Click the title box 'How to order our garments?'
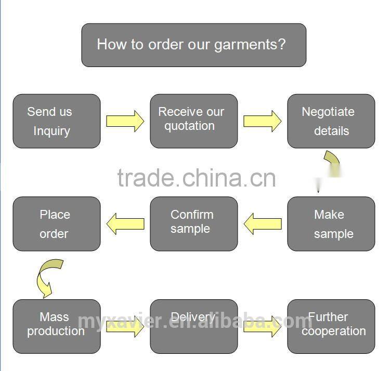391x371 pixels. [193, 45]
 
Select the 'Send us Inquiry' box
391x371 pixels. [56, 121]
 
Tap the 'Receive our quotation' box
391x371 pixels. [193, 121]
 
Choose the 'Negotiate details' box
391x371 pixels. [331, 121]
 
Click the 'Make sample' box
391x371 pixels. [331, 224]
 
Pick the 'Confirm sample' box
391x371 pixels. [193, 224]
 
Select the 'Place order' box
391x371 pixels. [56, 224]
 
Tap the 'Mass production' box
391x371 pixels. [56, 326]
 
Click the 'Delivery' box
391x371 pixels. [193, 326]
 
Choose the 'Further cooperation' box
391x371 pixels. [331, 326]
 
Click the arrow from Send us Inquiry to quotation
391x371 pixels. [125, 121]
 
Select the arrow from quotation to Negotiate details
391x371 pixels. [262, 121]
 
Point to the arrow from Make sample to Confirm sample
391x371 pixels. [262, 224]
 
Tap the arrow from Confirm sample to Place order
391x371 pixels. [125, 224]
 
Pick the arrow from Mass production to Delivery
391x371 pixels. [125, 326]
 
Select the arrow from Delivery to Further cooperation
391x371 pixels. [262, 326]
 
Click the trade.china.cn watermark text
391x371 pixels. [196, 178]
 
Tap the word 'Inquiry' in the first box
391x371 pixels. [51, 131]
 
